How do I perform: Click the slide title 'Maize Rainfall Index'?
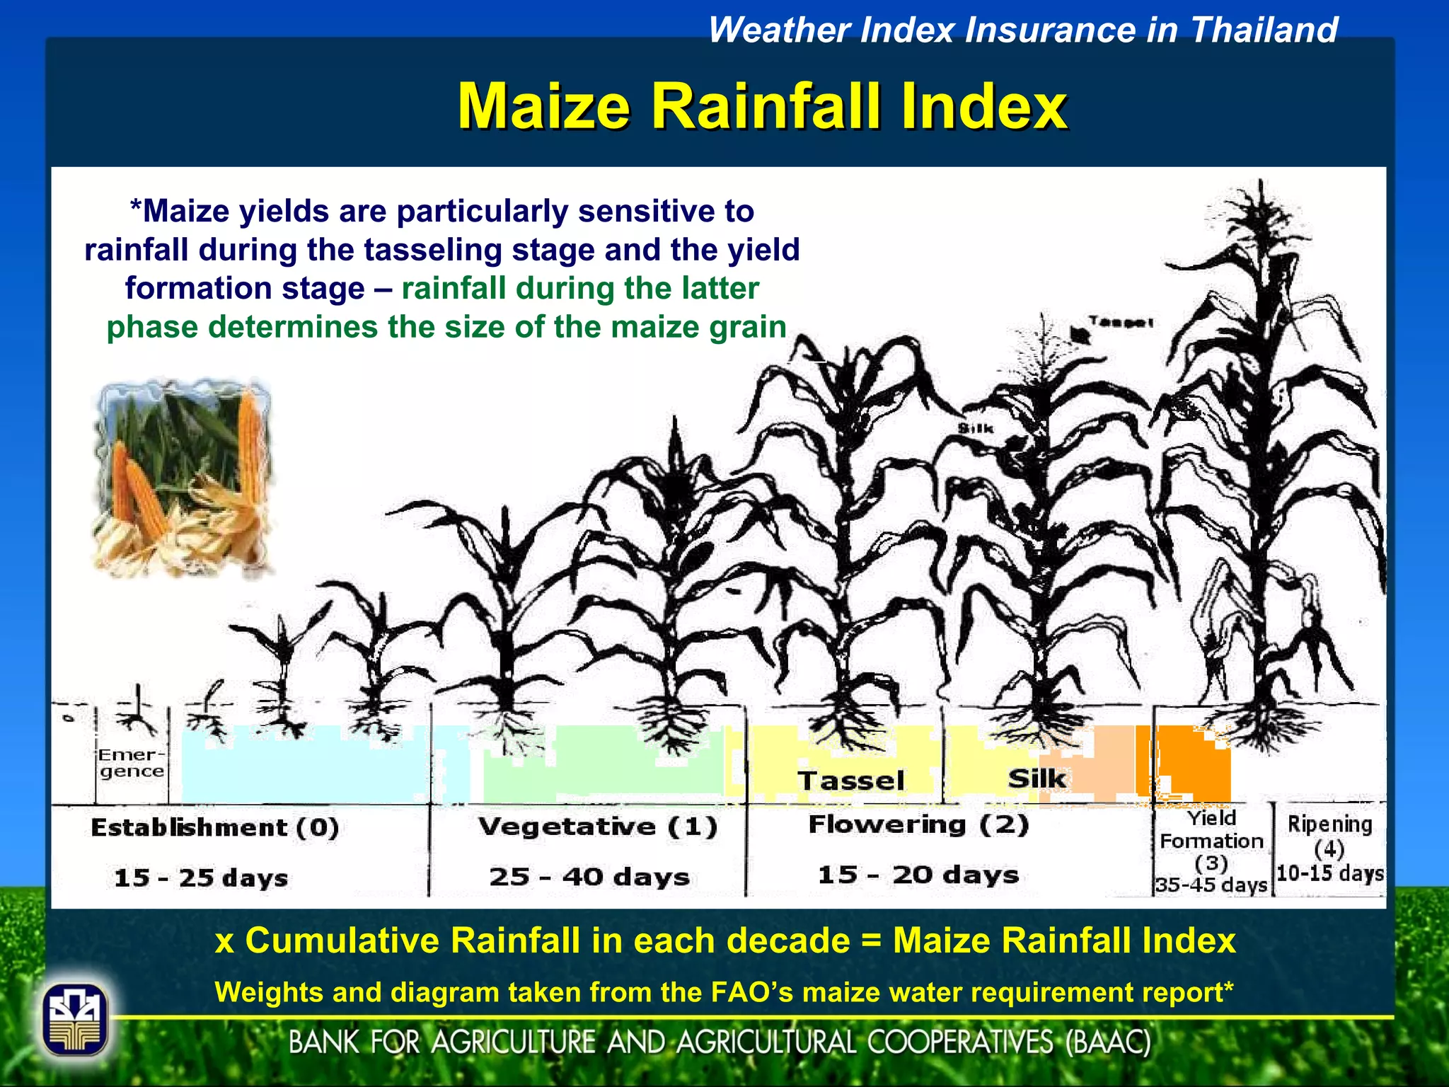tap(762, 106)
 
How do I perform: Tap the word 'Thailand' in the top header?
tap(1264, 30)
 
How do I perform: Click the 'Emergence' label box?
tap(131, 764)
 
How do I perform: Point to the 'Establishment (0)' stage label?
tap(214, 827)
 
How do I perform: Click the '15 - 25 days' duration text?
tap(201, 878)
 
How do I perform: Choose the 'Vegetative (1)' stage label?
tap(597, 827)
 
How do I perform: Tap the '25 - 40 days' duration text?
tap(589, 877)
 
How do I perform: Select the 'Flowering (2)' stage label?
tap(918, 824)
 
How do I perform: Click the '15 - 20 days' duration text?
tap(918, 875)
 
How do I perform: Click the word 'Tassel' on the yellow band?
tap(850, 781)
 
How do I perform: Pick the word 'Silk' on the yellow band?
tap(1036, 778)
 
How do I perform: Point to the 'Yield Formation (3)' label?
tap(1211, 840)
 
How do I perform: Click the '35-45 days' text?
tap(1211, 885)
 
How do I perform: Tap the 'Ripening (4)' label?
tap(1329, 835)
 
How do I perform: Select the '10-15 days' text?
tap(1329, 873)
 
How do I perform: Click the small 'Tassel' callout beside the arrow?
tap(1121, 322)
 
